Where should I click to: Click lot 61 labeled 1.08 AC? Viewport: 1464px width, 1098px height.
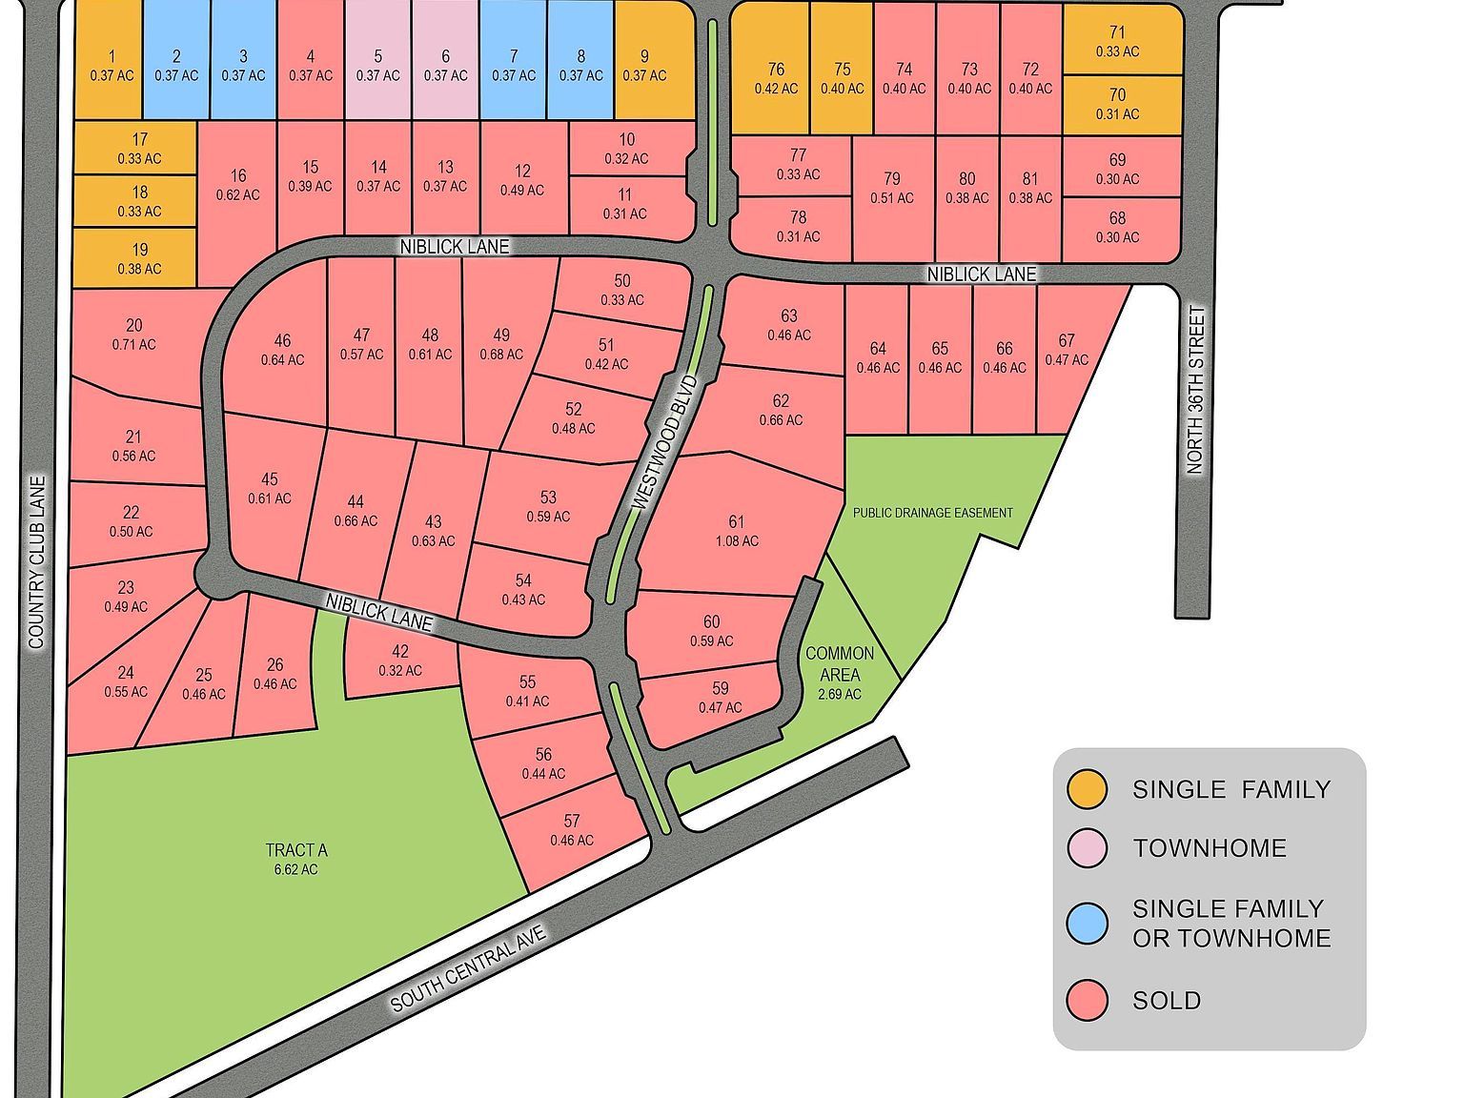coord(736,531)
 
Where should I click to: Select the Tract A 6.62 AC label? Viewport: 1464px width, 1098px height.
coord(295,859)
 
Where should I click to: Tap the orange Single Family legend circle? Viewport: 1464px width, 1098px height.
coord(1087,789)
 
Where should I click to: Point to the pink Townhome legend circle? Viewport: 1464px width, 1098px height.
coord(1087,847)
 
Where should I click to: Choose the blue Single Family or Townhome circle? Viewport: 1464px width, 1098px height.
coord(1087,924)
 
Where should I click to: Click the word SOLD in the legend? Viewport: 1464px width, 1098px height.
coord(1166,1001)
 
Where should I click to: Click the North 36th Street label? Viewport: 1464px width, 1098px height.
coord(1195,390)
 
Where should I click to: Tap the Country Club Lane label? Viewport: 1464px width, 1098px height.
coord(36,562)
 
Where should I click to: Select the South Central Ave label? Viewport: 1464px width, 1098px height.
coord(468,969)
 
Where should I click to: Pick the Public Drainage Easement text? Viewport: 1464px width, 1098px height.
coord(932,513)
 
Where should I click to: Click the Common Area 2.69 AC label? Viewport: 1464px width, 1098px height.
coord(839,673)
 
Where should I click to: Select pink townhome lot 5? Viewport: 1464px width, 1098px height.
coord(377,66)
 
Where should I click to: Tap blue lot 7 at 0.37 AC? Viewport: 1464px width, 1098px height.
coord(514,66)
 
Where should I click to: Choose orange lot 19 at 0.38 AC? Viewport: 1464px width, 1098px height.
coord(139,258)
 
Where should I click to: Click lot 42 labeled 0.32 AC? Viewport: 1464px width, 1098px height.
coord(399,661)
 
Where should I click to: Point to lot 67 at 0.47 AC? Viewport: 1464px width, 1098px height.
coord(1066,350)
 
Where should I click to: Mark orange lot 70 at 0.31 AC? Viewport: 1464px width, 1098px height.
coord(1117,104)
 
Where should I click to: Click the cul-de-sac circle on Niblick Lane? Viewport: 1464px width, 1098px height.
coord(218,576)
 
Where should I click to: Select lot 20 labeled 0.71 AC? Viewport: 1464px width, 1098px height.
coord(133,335)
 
